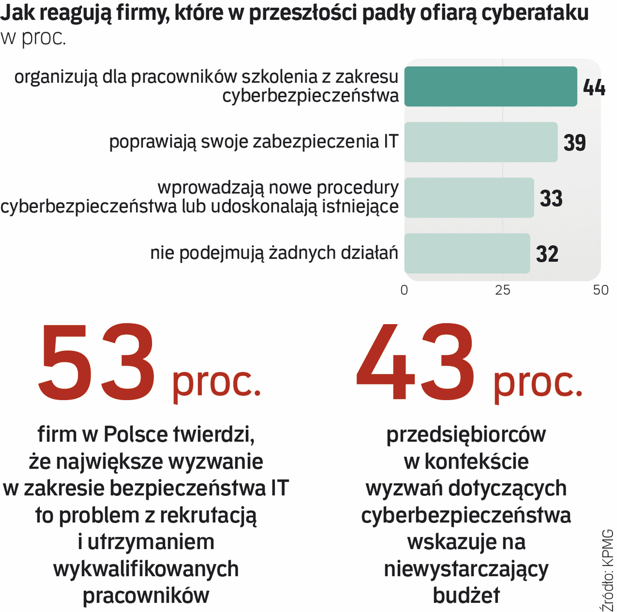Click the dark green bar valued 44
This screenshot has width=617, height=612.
490,87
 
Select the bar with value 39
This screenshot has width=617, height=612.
480,142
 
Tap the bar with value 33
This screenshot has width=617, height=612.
469,198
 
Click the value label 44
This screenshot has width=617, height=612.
594,88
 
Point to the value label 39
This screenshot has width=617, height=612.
575,143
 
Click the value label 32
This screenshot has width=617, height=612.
547,254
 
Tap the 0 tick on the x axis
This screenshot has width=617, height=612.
404,290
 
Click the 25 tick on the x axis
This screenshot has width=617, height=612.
503,290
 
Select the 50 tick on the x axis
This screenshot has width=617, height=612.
601,290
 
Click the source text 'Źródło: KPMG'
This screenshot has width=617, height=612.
606,567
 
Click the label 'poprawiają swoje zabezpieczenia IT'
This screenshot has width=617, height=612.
254,142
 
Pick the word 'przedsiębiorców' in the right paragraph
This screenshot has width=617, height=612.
466,435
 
